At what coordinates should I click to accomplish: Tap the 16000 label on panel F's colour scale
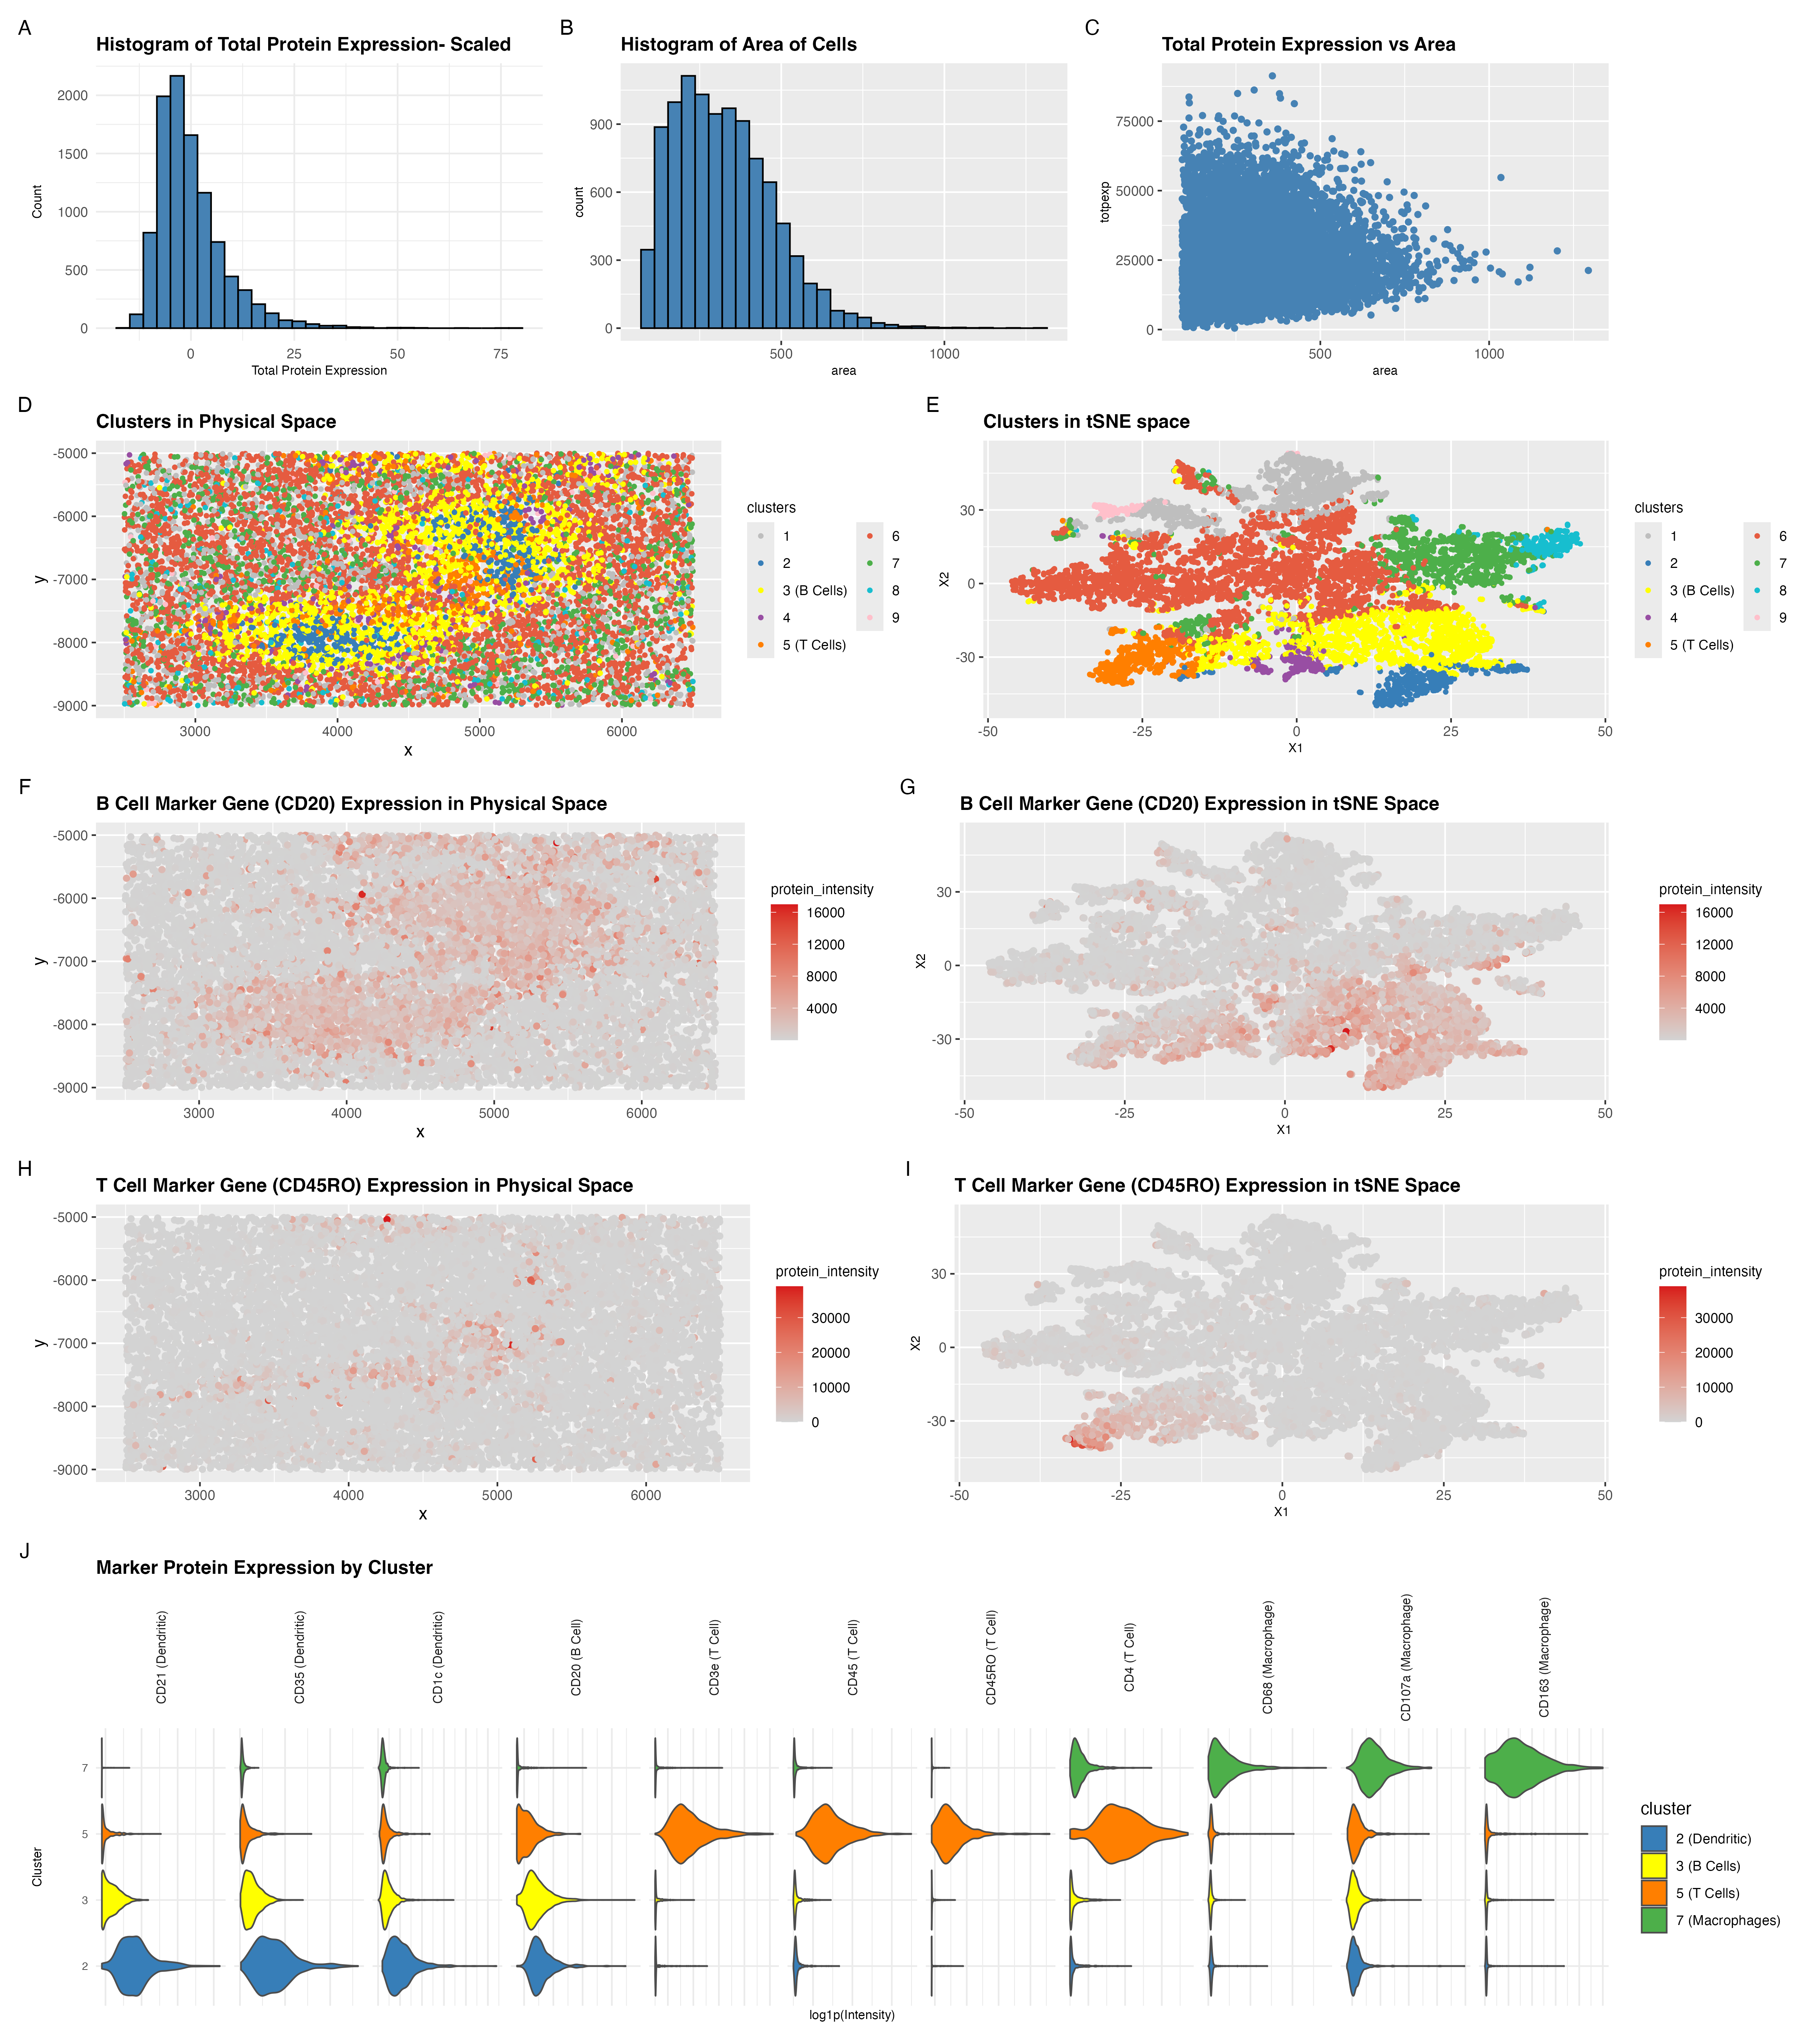coord(825,913)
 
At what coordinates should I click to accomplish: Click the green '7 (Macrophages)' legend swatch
coord(1653,1920)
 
